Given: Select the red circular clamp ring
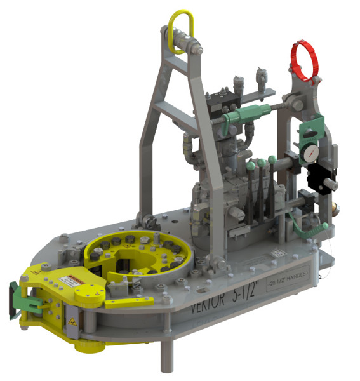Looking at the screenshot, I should click(x=303, y=60).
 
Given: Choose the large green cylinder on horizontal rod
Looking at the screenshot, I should click(x=243, y=116).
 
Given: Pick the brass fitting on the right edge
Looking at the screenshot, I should click(x=338, y=208).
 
